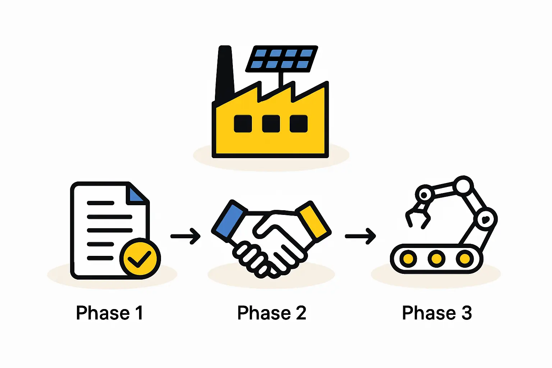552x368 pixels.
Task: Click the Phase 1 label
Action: (110, 313)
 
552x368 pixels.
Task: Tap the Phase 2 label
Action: (272, 313)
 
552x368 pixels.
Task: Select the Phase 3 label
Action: (437, 313)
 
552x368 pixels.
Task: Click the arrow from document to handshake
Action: (185, 236)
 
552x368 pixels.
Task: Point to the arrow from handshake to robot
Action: (360, 236)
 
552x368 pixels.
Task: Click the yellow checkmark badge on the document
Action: (140, 258)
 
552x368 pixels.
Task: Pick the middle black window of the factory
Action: (271, 124)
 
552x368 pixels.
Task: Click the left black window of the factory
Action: (243, 124)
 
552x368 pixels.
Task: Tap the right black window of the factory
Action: (299, 124)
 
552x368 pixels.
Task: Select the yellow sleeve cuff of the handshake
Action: (313, 221)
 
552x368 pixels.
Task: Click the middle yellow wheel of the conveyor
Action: (436, 258)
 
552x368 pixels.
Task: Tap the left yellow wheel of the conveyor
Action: (408, 258)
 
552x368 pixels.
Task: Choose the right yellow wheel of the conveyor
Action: (464, 258)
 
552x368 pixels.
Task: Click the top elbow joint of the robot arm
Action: (463, 186)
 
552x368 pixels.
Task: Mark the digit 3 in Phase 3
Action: (466, 313)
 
